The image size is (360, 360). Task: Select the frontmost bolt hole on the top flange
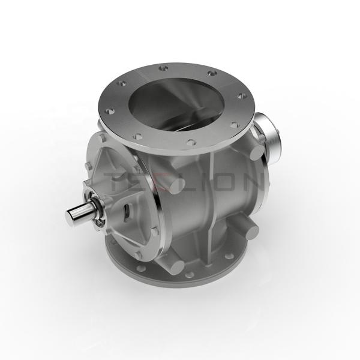pos(190,143)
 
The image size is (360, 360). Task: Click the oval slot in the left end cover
pos(127,209)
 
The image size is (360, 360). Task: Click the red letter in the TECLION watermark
pos(160,180)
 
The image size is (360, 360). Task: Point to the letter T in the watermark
pos(114,180)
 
